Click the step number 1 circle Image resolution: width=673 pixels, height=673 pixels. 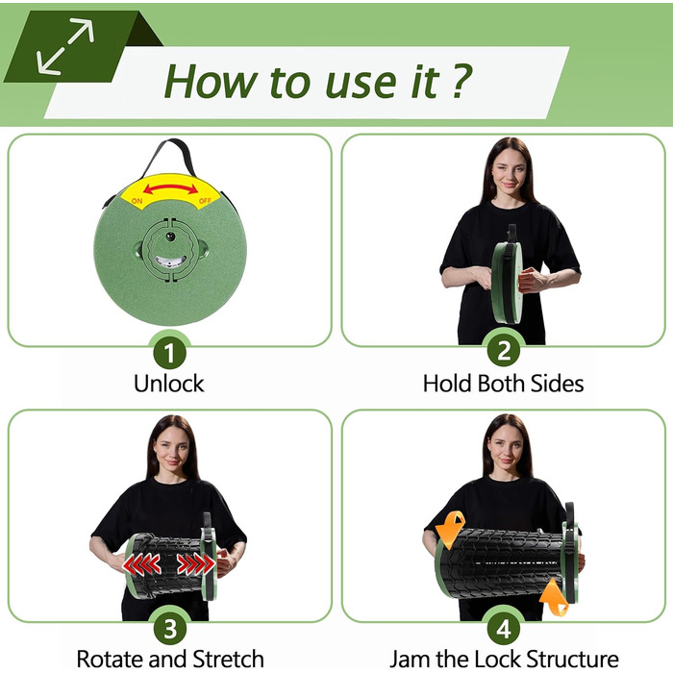[x=170, y=353]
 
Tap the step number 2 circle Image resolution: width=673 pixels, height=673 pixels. [x=504, y=351]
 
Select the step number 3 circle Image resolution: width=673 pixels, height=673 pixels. [x=170, y=629]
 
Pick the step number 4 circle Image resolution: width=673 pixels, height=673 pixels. [x=504, y=629]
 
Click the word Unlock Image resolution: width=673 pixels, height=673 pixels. [x=168, y=384]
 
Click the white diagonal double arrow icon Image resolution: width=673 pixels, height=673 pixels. [x=65, y=46]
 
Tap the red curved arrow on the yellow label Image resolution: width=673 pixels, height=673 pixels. [x=170, y=187]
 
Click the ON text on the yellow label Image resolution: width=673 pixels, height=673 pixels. [x=137, y=201]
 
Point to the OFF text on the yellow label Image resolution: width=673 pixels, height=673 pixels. [x=205, y=200]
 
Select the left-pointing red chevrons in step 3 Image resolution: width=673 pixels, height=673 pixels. [x=141, y=564]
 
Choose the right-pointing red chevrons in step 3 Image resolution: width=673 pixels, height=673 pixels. [x=196, y=564]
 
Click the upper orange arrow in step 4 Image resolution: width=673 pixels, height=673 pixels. [x=451, y=529]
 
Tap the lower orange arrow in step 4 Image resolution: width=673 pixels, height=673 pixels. [x=554, y=597]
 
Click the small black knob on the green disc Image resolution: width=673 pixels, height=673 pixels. [x=171, y=237]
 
